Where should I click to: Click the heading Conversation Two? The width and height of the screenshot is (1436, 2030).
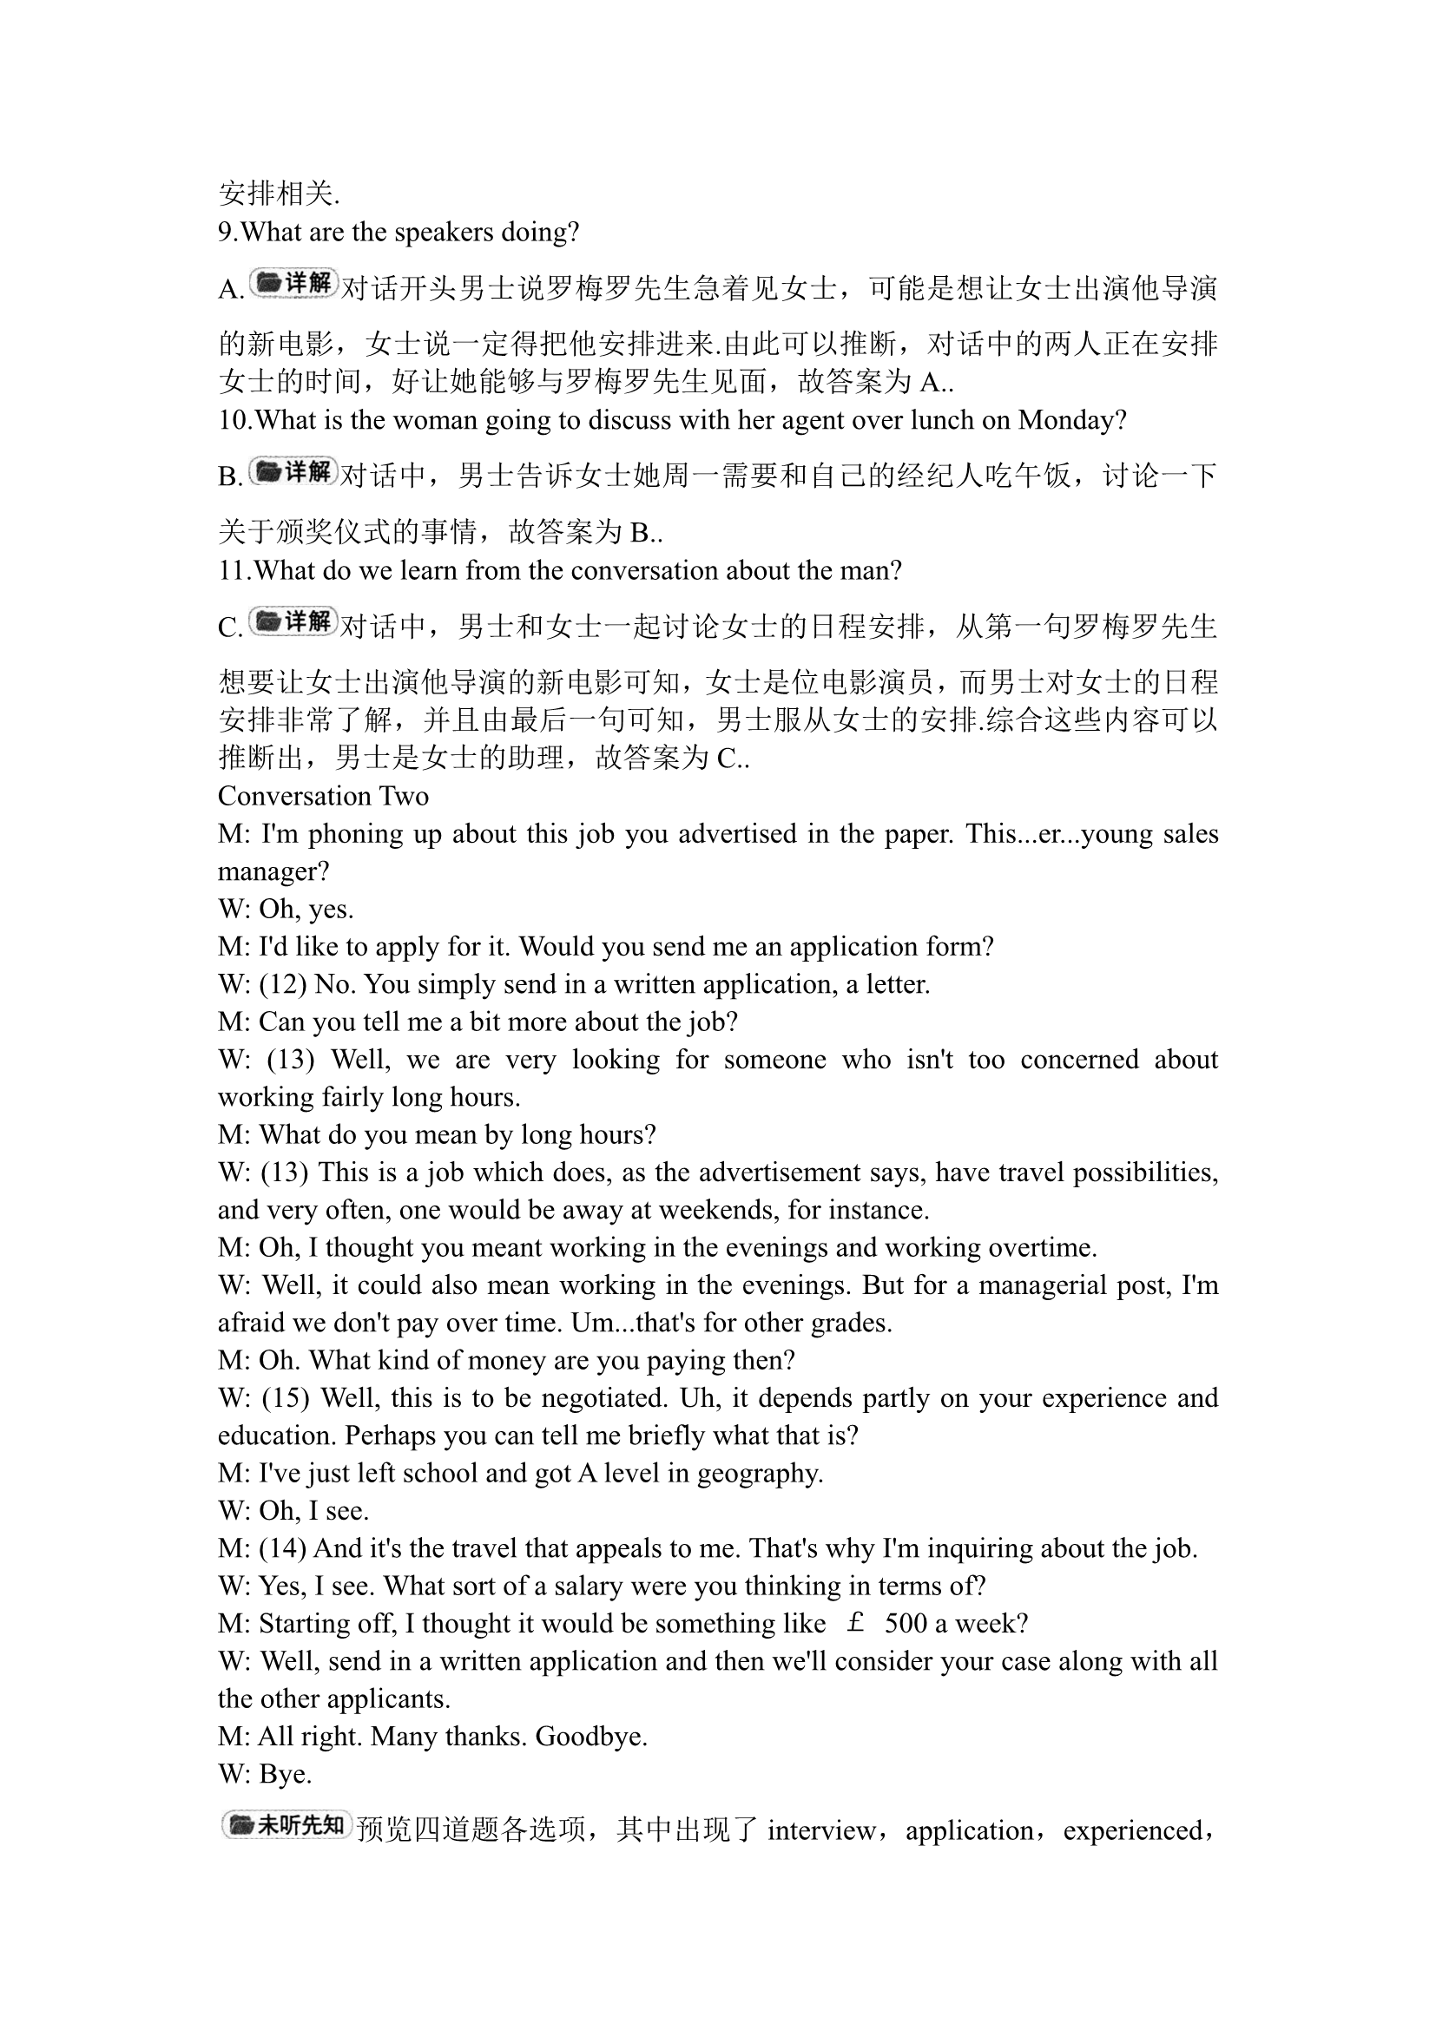[323, 796]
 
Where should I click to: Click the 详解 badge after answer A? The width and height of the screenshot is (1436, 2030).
[293, 283]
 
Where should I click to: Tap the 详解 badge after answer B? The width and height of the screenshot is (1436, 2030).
[293, 471]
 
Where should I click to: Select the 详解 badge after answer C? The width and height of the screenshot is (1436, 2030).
[293, 621]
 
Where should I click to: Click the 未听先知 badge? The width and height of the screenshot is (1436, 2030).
[287, 1825]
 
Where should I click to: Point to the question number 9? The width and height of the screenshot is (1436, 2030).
[227, 232]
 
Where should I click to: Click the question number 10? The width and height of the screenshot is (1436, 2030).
[234, 420]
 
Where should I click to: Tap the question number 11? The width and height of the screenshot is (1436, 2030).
[234, 570]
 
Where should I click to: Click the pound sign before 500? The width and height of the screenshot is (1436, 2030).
[855, 1623]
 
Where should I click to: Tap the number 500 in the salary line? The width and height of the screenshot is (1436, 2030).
[906, 1623]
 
